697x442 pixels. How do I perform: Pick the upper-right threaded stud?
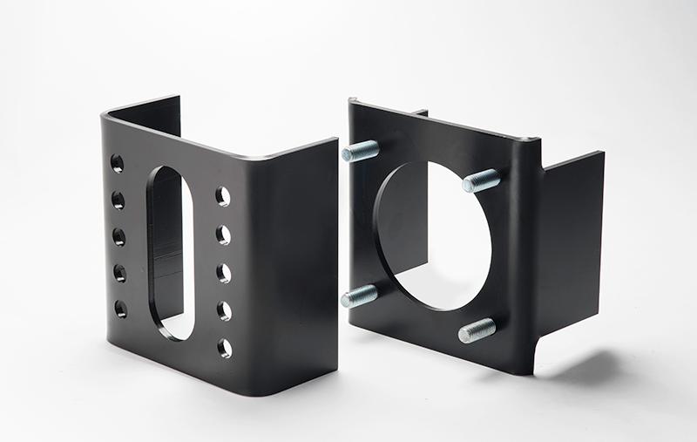pos(481,180)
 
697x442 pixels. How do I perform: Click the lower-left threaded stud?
pos(359,296)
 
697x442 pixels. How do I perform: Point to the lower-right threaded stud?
pos(477,330)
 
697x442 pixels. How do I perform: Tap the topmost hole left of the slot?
pos(117,164)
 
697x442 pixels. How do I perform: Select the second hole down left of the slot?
pos(118,201)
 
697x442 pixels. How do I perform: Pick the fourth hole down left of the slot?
pos(119,273)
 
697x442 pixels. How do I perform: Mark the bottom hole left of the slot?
pos(120,309)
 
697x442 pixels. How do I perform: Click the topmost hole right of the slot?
pos(223,196)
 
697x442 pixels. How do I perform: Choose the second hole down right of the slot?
pos(224,235)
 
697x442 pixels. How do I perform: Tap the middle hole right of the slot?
pos(224,273)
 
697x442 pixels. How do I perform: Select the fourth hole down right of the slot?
pos(224,310)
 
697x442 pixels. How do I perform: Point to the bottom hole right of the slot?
pos(225,348)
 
